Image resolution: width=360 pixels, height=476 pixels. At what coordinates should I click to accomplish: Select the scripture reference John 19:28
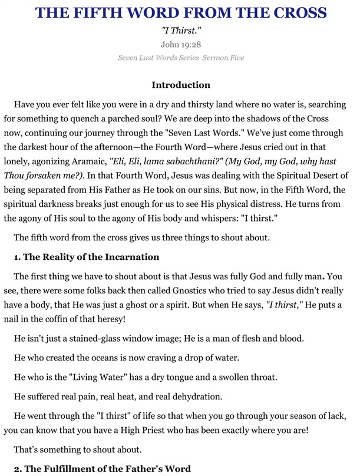coord(181,44)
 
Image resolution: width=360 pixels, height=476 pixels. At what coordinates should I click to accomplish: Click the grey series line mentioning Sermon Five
coord(180,58)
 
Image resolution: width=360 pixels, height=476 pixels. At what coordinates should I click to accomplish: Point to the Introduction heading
coord(181,85)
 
